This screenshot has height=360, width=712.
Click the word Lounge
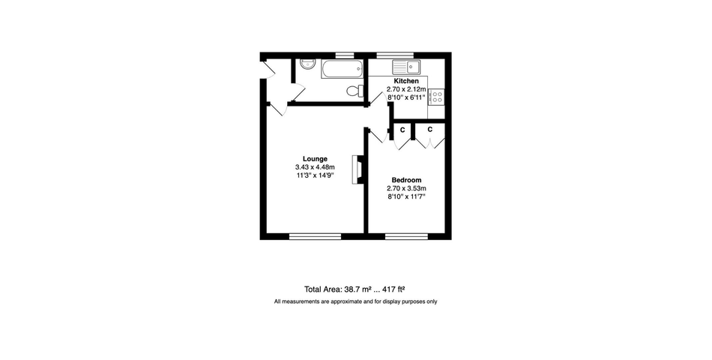pyautogui.click(x=315, y=159)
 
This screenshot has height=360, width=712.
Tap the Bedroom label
pyautogui.click(x=406, y=180)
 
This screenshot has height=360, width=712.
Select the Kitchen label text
pyautogui.click(x=406, y=81)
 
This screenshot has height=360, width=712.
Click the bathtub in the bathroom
pyautogui.click(x=343, y=69)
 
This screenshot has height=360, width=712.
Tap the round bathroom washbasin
pyautogui.click(x=307, y=64)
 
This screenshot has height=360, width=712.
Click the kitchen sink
pyautogui.click(x=407, y=67)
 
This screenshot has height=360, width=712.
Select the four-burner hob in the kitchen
pyautogui.click(x=437, y=97)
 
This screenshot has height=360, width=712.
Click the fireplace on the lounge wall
pyautogui.click(x=357, y=169)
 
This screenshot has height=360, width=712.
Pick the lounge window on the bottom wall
pyautogui.click(x=315, y=236)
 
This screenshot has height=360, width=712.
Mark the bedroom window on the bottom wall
pyautogui.click(x=406, y=236)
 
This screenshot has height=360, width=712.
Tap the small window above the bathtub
pyautogui.click(x=345, y=55)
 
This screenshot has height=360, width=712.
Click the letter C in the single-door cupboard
pyautogui.click(x=402, y=130)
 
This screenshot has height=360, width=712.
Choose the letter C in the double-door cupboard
pyautogui.click(x=429, y=130)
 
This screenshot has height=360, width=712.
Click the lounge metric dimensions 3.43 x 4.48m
pyautogui.click(x=315, y=167)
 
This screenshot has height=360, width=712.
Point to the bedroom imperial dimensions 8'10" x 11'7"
pyautogui.click(x=406, y=196)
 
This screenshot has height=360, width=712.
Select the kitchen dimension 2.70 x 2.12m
pyautogui.click(x=406, y=89)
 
